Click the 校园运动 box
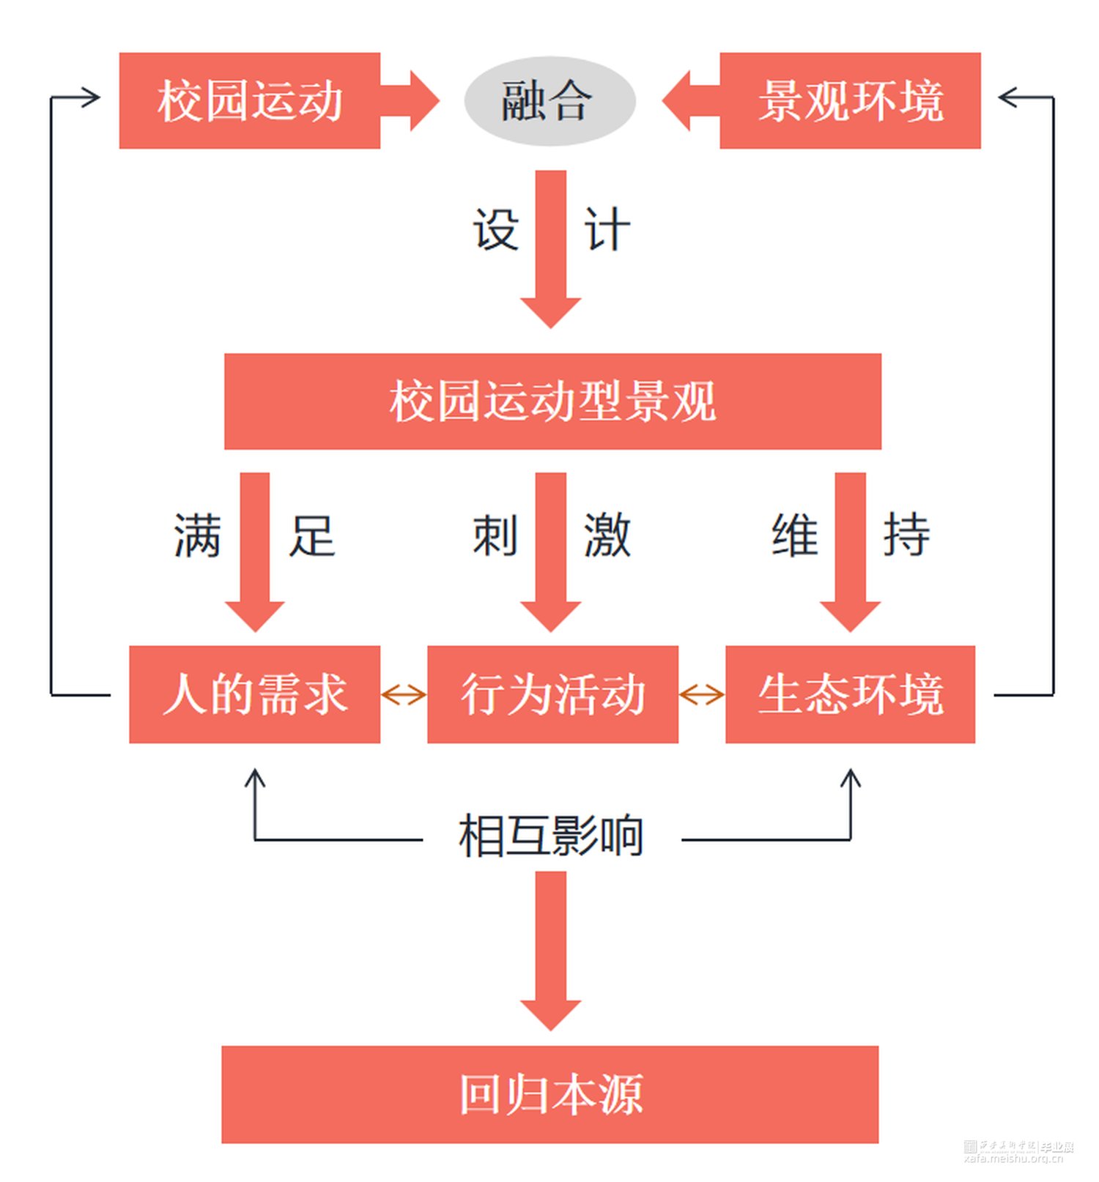(x=249, y=101)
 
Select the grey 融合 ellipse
(x=549, y=101)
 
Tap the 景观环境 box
(x=850, y=101)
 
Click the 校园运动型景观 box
(x=552, y=401)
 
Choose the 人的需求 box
(x=254, y=694)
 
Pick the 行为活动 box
(x=552, y=694)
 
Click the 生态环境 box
(x=850, y=694)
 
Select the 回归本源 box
(x=549, y=1094)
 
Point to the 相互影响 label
(x=551, y=836)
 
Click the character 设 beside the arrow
(x=496, y=230)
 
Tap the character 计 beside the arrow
(x=607, y=230)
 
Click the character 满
(x=197, y=535)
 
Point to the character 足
(x=312, y=535)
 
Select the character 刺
(x=496, y=535)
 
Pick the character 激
(x=607, y=535)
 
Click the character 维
(x=795, y=535)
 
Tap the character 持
(x=906, y=535)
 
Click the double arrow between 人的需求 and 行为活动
(x=404, y=694)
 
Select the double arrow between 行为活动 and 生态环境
(x=702, y=694)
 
